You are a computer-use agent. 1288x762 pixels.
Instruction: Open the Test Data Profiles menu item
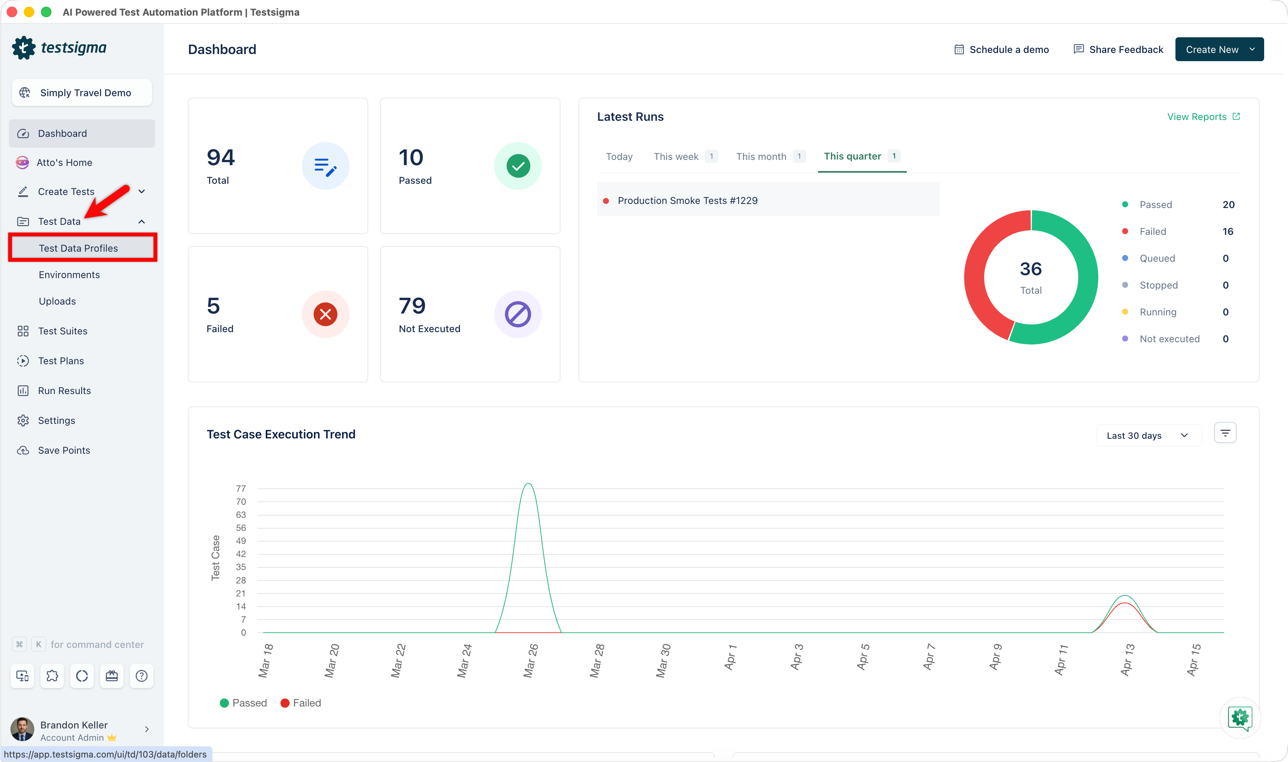(x=79, y=248)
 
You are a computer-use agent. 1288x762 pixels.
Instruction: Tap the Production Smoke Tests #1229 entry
(x=687, y=200)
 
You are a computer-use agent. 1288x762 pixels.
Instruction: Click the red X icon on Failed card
(x=325, y=314)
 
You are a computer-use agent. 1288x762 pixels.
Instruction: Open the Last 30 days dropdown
(x=1148, y=435)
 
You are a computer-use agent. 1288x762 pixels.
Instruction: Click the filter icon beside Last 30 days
(x=1225, y=433)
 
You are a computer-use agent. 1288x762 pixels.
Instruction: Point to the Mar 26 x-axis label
(x=530, y=661)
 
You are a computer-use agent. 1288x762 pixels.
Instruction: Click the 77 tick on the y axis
(x=241, y=488)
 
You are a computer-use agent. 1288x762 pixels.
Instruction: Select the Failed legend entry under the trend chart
(x=301, y=703)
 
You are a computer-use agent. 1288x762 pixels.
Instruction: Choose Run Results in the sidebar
(x=64, y=391)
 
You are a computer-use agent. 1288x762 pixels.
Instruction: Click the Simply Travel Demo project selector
(x=82, y=92)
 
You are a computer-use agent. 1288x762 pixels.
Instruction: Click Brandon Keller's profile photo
(x=22, y=730)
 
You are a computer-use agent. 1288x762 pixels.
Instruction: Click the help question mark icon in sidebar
(x=142, y=676)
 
